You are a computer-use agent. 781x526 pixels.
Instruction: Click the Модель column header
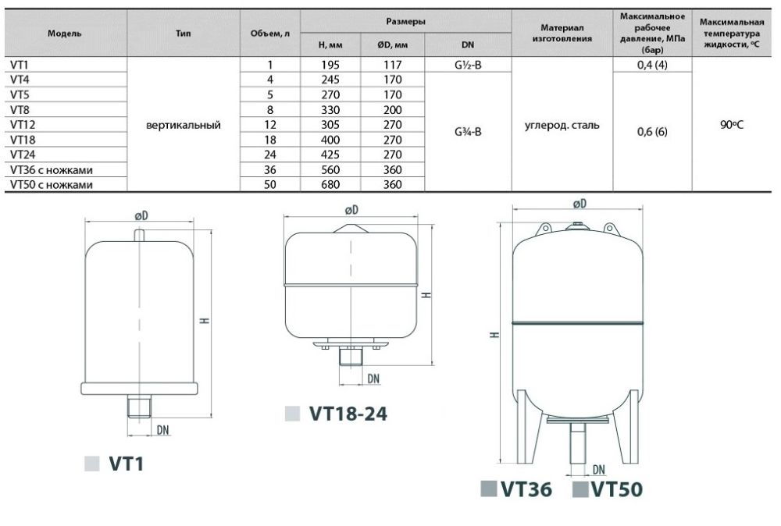64,34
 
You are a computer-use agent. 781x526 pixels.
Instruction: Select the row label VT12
23,124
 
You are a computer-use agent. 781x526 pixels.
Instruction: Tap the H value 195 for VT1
330,65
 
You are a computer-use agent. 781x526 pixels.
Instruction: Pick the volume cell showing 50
270,185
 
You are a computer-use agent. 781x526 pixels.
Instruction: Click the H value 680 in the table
330,185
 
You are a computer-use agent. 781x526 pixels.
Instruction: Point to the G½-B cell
468,65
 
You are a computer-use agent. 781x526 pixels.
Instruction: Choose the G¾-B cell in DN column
468,132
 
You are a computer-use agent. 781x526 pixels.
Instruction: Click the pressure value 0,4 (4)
652,65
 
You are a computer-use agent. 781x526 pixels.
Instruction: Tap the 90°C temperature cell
731,124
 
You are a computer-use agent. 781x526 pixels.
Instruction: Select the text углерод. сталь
562,126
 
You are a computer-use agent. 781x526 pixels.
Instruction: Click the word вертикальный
184,126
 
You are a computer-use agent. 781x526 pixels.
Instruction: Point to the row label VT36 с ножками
52,170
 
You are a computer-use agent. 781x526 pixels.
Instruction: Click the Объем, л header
270,34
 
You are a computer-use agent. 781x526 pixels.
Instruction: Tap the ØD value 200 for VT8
393,109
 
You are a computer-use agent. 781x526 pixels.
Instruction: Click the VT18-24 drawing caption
348,414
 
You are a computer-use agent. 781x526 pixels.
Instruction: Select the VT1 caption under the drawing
127,464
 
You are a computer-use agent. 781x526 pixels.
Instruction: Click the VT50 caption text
617,489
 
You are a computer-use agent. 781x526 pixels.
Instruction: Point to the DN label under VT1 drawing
163,430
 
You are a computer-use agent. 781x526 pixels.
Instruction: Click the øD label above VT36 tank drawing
580,204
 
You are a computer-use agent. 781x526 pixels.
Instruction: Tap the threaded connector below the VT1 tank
139,406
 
